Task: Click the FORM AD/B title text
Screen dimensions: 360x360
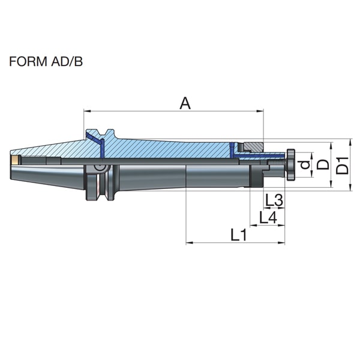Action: click(46, 62)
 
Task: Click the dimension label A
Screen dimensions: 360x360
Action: click(185, 103)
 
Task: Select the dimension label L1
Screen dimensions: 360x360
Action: click(239, 235)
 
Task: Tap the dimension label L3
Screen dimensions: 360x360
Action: click(274, 200)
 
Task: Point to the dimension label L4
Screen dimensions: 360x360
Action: click(268, 217)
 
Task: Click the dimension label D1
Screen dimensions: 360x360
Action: click(343, 166)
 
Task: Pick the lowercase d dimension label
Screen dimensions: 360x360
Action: click(305, 164)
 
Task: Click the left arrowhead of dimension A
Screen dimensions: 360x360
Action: click(87, 111)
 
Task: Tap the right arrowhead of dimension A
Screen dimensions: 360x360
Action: click(260, 111)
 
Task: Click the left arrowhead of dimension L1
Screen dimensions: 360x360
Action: click(190, 242)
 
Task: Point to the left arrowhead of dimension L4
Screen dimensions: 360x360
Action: click(253, 226)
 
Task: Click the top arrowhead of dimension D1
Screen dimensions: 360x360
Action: click(350, 142)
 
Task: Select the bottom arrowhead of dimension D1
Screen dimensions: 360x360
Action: click(350, 187)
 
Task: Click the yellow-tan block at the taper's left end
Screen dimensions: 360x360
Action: click(15, 160)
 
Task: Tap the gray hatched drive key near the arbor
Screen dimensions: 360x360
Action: click(253, 147)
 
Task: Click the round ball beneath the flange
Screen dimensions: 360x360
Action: click(100, 167)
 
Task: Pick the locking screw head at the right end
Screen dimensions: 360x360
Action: click(290, 165)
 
